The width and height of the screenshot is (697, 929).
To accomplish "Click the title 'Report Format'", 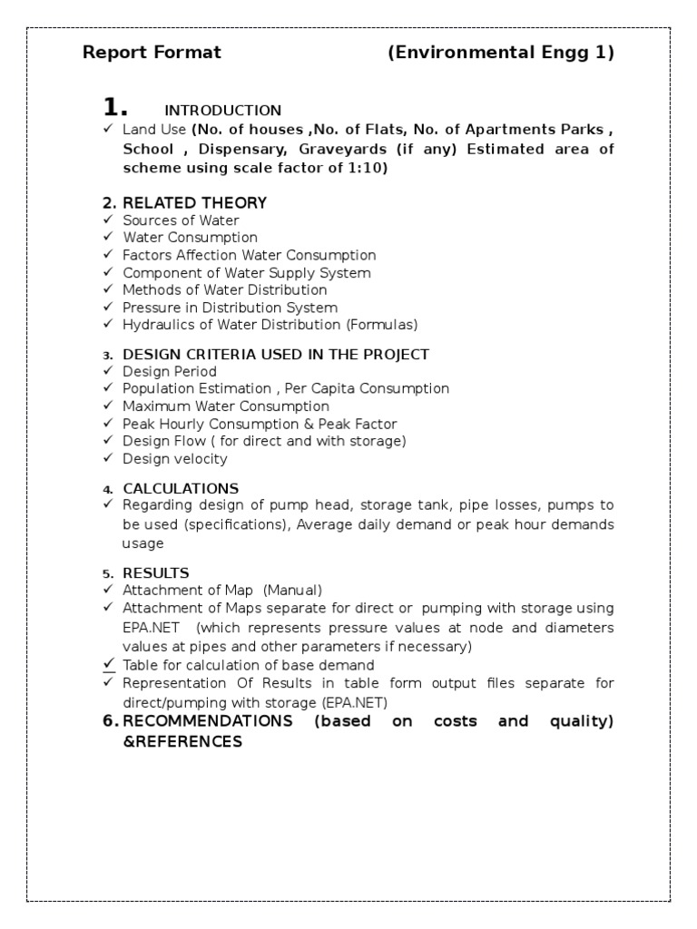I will (152, 53).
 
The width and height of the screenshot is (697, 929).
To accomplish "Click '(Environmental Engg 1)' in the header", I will (501, 53).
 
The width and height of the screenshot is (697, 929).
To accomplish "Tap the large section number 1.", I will (114, 107).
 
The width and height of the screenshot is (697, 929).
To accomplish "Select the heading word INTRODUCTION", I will (222, 111).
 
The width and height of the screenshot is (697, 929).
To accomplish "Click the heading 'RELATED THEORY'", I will (194, 202).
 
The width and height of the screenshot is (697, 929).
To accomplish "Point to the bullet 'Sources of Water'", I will (181, 220).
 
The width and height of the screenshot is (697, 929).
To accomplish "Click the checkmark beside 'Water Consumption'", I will (108, 238).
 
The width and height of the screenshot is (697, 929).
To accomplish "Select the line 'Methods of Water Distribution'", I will (225, 290).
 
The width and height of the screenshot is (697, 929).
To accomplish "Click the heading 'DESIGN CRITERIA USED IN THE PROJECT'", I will (276, 354).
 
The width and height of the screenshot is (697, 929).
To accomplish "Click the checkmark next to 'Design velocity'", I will (108, 458).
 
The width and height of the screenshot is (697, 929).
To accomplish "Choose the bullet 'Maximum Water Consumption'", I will (226, 406).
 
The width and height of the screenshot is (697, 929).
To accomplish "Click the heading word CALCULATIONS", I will (181, 488).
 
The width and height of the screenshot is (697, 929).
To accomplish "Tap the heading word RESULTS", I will (156, 572).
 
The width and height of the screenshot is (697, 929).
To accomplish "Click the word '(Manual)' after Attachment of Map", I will (292, 590).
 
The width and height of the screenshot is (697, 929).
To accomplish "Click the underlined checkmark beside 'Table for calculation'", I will (108, 664).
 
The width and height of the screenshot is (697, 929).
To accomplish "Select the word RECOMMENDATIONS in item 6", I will (207, 721).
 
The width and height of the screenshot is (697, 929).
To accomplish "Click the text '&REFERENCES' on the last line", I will (182, 741).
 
